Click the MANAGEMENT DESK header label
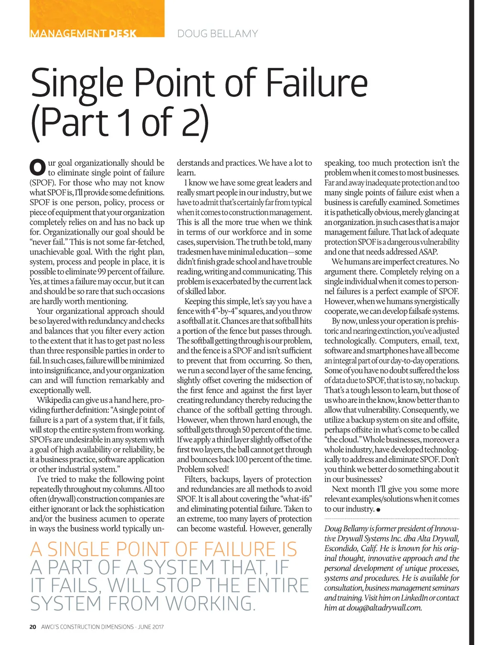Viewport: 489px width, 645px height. (x=83, y=33)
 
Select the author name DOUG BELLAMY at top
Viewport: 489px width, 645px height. (x=217, y=33)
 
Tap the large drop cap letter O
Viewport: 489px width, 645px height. (x=37, y=167)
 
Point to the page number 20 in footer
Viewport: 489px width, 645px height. (x=32, y=627)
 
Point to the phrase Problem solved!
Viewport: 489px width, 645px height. (x=203, y=469)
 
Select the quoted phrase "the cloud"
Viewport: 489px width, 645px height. (x=342, y=440)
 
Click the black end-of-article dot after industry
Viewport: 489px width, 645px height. (x=378, y=510)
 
